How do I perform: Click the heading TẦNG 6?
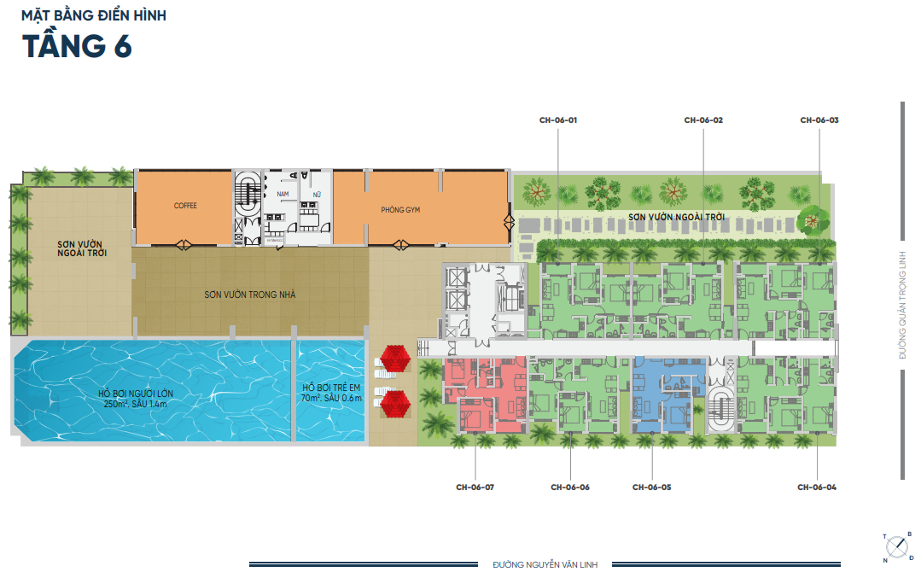point(77,45)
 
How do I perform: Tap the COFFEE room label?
point(185,206)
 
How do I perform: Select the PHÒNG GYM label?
point(400,209)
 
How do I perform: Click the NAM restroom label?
point(283,196)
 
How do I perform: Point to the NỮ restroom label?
point(317,196)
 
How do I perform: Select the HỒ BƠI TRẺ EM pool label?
point(332,393)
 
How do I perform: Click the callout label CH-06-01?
point(559,120)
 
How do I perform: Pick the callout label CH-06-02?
point(703,120)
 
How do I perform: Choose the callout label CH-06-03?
point(819,120)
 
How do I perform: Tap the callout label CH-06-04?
point(817,487)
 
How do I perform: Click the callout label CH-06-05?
point(651,487)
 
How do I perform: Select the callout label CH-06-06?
point(570,487)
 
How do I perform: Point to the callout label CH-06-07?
point(475,487)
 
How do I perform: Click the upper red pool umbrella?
point(395,359)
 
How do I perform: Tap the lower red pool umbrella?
point(395,405)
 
